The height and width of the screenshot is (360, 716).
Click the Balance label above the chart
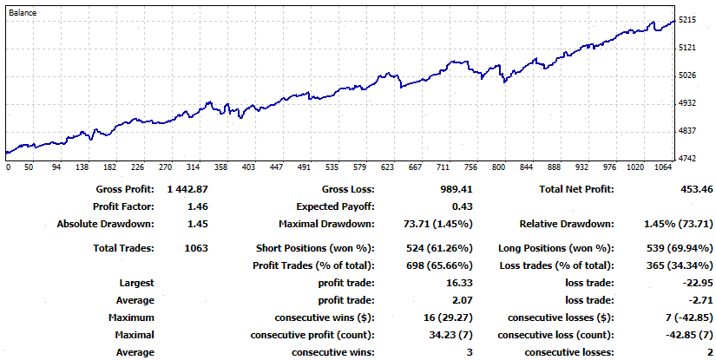tap(23, 13)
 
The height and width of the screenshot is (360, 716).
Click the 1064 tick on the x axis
tap(663, 167)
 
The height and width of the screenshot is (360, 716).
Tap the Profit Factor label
tap(123, 206)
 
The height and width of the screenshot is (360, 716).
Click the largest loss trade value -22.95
tap(692, 283)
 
